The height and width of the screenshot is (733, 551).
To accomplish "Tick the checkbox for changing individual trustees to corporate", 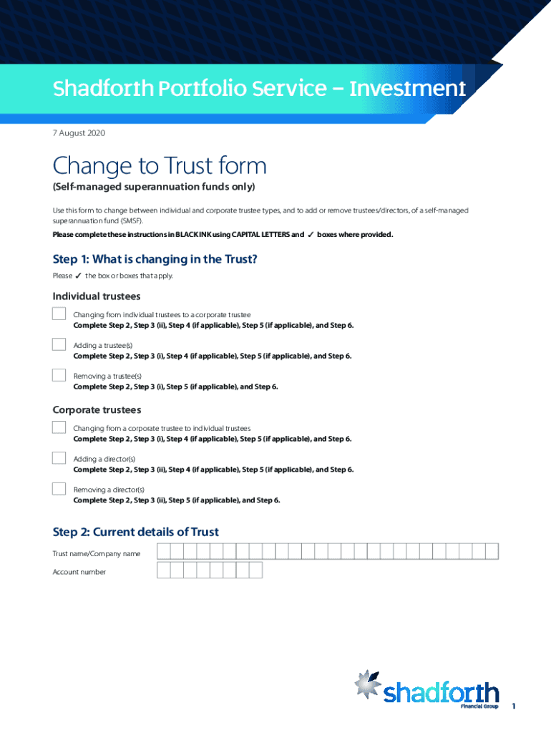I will [59, 314].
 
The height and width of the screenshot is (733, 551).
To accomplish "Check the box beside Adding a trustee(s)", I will [59, 344].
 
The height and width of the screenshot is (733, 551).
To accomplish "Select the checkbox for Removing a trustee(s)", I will [59, 375].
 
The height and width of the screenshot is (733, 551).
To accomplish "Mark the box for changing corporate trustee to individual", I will [59, 427].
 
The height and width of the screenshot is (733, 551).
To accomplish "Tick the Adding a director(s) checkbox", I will [59, 458].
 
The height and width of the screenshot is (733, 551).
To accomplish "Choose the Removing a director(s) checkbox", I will [59, 489].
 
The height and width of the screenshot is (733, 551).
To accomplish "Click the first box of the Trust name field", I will [163, 551].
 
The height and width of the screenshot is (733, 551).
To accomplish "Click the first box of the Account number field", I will [163, 570].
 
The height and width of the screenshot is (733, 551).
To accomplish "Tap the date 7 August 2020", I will [79, 133].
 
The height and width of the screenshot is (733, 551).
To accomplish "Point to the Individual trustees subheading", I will [96, 296].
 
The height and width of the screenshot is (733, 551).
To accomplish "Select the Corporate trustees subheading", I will [97, 410].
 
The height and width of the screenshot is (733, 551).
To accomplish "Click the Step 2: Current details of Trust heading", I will [136, 532].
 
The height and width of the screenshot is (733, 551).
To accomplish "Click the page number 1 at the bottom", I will [513, 707].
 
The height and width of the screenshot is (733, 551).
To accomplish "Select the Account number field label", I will [79, 572].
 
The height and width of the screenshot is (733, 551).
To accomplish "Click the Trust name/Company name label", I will [97, 553].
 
